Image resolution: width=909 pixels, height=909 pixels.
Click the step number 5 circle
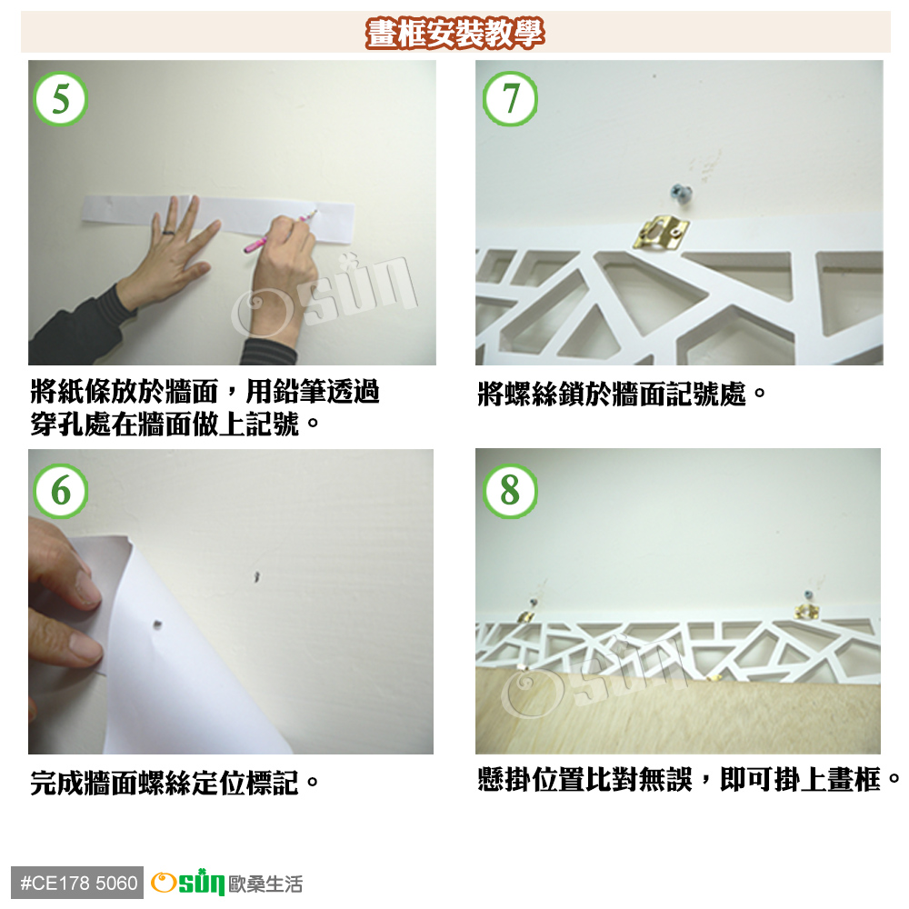tap(60, 98)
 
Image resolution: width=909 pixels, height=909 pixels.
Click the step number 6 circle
tap(60, 491)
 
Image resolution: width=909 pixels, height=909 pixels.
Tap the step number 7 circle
tap(510, 98)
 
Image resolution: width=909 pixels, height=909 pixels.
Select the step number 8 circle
tap(510, 491)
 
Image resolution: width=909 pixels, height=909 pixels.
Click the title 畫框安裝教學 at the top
tap(455, 33)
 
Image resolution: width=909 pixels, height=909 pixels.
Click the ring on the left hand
tap(168, 233)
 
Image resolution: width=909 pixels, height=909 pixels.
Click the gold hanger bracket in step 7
tap(661, 233)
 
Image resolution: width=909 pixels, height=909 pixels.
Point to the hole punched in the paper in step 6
tap(157, 624)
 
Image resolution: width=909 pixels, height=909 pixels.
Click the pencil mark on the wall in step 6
tap(257, 577)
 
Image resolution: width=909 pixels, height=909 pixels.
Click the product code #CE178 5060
tap(77, 883)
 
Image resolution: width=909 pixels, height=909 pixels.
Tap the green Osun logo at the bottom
tap(187, 883)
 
